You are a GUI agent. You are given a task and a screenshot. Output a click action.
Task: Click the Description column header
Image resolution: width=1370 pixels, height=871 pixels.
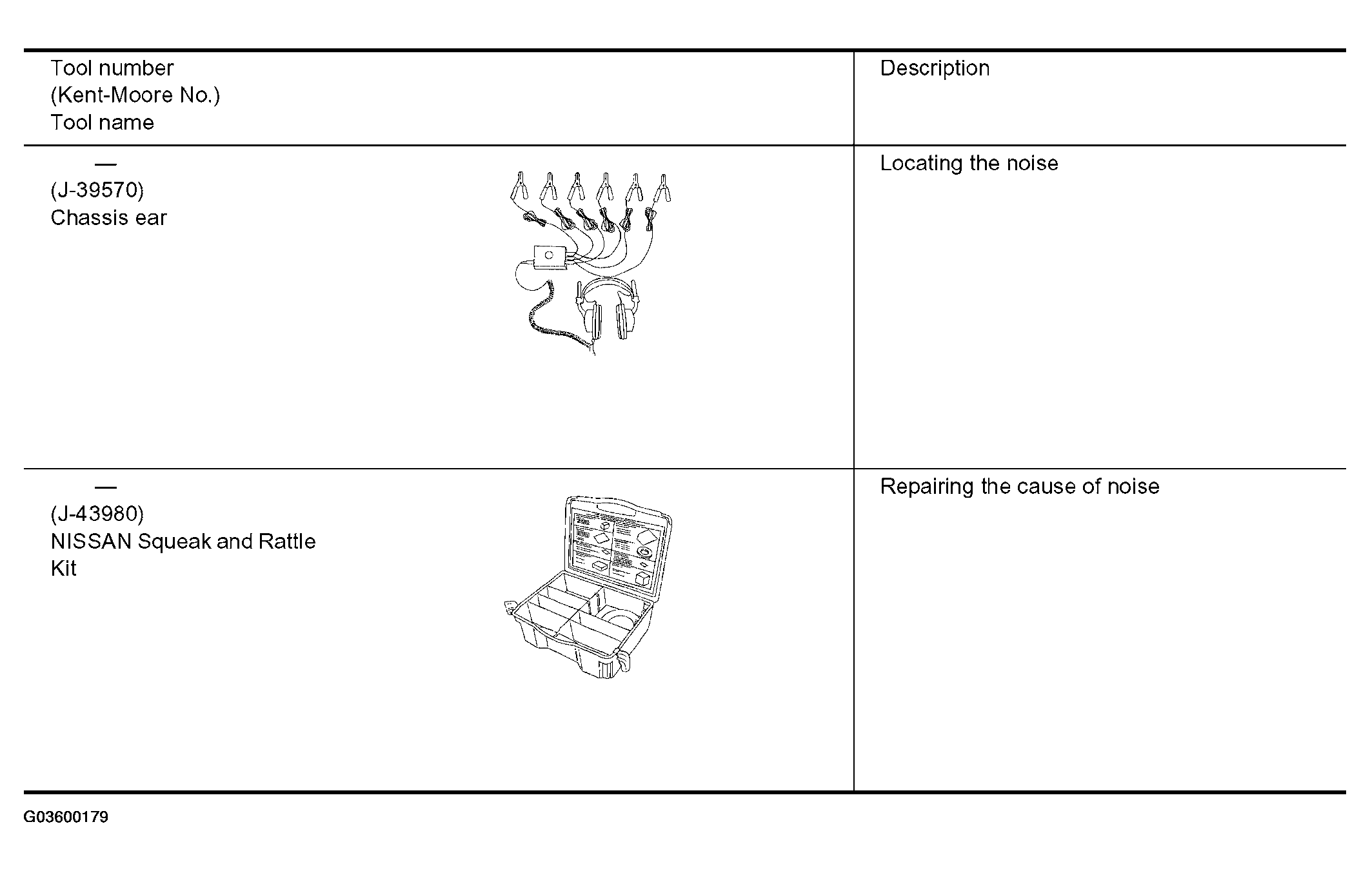pyautogui.click(x=935, y=68)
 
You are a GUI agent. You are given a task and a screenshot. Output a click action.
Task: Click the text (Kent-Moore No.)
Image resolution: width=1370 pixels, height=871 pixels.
pyautogui.click(x=135, y=95)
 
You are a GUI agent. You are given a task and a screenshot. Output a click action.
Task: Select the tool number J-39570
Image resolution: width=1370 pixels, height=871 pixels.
pyautogui.click(x=97, y=190)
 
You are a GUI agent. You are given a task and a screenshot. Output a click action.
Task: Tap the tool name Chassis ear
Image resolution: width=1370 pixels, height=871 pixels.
pyautogui.click(x=108, y=218)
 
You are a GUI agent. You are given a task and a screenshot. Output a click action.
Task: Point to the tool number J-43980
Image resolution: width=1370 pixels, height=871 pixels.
pyautogui.click(x=97, y=514)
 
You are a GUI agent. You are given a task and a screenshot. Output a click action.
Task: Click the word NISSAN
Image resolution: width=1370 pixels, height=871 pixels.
pyautogui.click(x=91, y=542)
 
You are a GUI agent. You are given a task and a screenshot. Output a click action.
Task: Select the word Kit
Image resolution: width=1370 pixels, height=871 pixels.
pyautogui.click(x=63, y=569)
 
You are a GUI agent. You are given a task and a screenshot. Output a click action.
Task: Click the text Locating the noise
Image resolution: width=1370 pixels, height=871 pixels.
pyautogui.click(x=969, y=163)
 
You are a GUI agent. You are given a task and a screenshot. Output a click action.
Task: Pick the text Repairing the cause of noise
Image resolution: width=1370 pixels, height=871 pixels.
pyautogui.click(x=1020, y=487)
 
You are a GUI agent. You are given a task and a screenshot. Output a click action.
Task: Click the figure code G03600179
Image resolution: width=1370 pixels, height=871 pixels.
pyautogui.click(x=66, y=817)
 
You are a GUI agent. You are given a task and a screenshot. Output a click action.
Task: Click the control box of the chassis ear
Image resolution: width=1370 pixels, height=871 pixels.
pyautogui.click(x=550, y=257)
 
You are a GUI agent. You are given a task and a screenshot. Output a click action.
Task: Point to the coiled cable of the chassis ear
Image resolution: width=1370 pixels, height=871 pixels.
pyautogui.click(x=548, y=322)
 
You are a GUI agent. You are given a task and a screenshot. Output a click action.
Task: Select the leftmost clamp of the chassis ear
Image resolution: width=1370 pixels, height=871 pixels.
pyautogui.click(x=519, y=188)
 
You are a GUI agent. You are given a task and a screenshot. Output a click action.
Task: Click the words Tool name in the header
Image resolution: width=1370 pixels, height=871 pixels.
pyautogui.click(x=103, y=122)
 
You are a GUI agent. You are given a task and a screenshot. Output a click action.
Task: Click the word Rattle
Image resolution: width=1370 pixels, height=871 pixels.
pyautogui.click(x=287, y=542)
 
